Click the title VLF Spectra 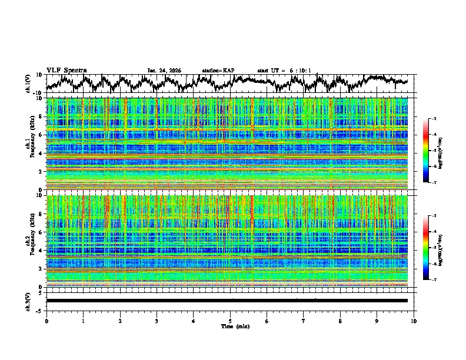click(66, 70)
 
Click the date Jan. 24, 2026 click(164, 71)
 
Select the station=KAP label click(218, 71)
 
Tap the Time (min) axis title click(231, 326)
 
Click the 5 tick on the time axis click(230, 321)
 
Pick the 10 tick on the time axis click(414, 321)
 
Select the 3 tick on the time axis click(157, 321)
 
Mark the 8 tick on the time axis click(340, 321)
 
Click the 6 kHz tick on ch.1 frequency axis click(41, 135)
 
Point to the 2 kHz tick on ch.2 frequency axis click(41, 268)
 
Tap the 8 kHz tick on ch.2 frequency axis click(41, 214)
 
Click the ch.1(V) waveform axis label click(28, 84)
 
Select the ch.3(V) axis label click(28, 301)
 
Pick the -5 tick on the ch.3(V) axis click(40, 309)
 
